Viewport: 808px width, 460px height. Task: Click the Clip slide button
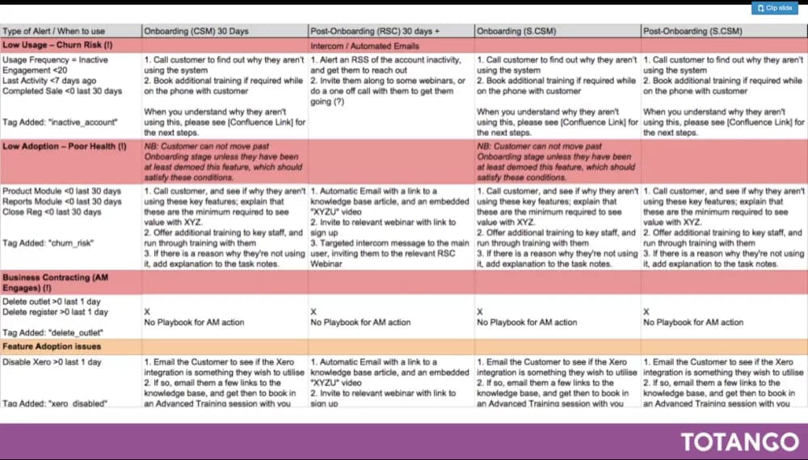pos(775,8)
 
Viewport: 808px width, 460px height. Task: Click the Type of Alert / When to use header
pos(53,31)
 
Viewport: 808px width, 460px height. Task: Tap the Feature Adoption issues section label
pos(52,345)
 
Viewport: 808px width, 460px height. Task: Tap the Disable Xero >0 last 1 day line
pos(52,361)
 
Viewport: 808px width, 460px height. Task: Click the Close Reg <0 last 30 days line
pos(52,212)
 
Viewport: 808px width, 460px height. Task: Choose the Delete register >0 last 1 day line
pos(55,312)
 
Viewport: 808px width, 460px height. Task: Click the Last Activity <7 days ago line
pos(49,81)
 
